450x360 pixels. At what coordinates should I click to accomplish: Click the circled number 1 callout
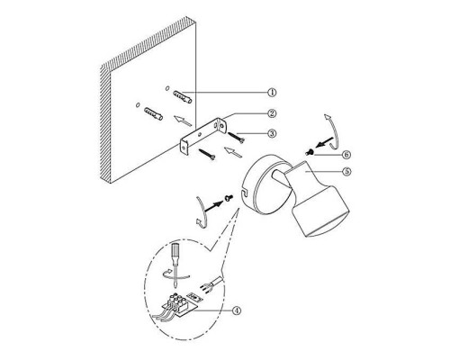point(272,92)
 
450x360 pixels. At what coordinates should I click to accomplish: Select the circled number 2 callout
point(272,113)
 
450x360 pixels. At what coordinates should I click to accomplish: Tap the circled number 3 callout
point(272,133)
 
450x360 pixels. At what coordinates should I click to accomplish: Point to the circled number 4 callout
point(237,310)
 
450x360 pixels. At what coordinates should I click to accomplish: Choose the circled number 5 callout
point(346,171)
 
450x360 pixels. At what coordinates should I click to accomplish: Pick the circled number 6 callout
point(346,155)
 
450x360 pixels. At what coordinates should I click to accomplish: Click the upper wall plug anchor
point(183,96)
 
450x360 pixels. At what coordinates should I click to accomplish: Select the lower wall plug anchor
point(153,113)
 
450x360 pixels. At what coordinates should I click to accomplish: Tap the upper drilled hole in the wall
point(167,88)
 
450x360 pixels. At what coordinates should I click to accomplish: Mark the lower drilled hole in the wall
point(138,104)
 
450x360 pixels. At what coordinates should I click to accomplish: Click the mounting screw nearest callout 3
point(237,138)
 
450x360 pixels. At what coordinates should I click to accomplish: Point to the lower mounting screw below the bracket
point(207,154)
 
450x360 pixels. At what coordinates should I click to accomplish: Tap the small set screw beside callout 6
point(310,152)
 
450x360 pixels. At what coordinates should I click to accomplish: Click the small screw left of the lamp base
point(229,198)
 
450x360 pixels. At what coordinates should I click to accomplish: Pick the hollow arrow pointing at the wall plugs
point(183,121)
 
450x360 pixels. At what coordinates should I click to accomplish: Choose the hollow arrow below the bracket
point(233,152)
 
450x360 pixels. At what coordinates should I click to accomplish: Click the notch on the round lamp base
point(244,192)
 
